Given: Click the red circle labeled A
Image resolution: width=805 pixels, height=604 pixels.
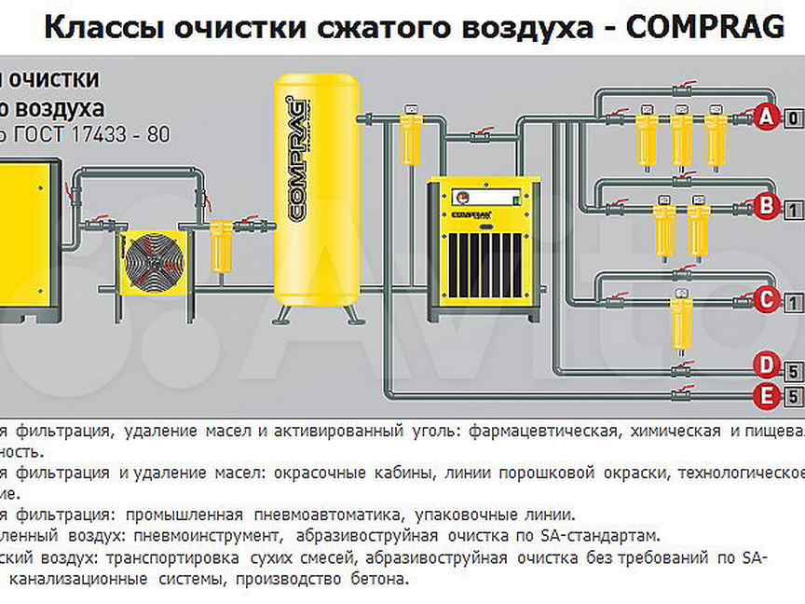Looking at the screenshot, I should tap(766, 117).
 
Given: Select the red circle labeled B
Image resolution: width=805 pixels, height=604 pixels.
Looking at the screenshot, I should tap(766, 206).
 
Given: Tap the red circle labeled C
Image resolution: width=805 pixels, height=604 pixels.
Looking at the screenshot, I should tap(766, 300).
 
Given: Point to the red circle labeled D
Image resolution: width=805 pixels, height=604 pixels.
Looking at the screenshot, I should tap(766, 364).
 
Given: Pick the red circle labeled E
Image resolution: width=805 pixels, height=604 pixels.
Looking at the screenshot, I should tap(766, 397).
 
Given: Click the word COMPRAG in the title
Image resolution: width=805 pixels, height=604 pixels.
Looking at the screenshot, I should tap(706, 28).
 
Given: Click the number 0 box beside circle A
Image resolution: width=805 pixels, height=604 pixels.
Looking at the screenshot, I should tap(794, 118).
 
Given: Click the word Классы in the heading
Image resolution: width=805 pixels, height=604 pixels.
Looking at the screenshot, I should tap(98, 28).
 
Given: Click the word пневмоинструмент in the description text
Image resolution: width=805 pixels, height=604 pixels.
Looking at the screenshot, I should tap(207, 536).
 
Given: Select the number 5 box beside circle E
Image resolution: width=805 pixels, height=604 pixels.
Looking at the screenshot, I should tap(794, 398).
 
